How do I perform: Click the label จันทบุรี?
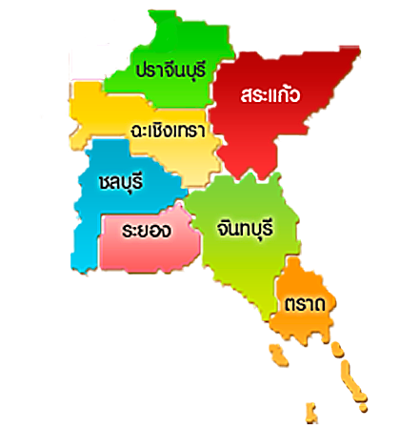(245, 230)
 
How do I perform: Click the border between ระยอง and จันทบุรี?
(195, 238)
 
